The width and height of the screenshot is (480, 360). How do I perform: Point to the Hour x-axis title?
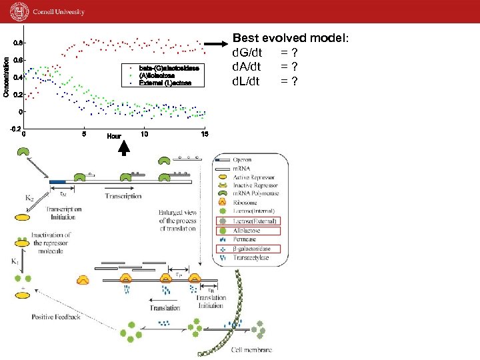click(115, 137)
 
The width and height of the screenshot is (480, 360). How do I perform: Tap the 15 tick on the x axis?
click(205, 134)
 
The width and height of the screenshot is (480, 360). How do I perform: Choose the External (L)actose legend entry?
click(165, 83)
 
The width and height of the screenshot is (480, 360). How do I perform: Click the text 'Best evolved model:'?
click(289, 38)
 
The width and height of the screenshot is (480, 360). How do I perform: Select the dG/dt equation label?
click(246, 53)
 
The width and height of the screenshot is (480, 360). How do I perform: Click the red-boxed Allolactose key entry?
click(247, 230)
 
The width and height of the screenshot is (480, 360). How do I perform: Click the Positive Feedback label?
click(56, 317)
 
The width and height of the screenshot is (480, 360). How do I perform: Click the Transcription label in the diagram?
click(123, 196)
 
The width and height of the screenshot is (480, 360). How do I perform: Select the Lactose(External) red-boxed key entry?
click(253, 221)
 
